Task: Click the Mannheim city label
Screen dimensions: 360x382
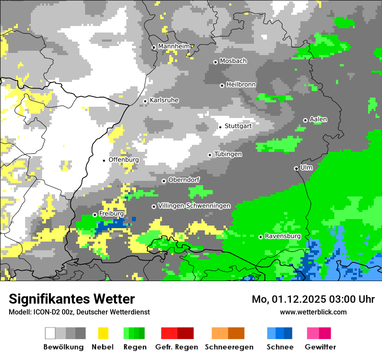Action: coord(174,46)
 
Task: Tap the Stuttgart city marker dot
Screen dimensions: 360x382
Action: coord(221,127)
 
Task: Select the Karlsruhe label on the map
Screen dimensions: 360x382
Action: coord(164,100)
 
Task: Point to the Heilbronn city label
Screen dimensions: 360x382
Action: coord(241,85)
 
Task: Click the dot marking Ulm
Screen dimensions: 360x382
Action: coord(296,168)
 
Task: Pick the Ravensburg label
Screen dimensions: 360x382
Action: coord(283,236)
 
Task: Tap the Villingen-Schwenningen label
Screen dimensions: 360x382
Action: coord(194,206)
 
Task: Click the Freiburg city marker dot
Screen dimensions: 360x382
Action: coord(95,215)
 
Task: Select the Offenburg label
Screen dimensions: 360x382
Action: coord(124,160)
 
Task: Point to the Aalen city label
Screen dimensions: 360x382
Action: coord(318,119)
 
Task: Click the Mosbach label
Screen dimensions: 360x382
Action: coord(233,61)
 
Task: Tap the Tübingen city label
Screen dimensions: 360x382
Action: coord(228,154)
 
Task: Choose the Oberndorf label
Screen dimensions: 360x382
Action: coord(184,180)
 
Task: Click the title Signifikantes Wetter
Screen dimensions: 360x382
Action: coord(72,299)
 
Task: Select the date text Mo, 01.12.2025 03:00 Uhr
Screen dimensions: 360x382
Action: coord(313,299)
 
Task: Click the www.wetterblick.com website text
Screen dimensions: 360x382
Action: coord(313,312)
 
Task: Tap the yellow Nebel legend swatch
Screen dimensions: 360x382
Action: coord(103,333)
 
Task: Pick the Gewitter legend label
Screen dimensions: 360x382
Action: coord(320,347)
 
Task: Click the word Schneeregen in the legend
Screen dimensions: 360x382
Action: coord(229,347)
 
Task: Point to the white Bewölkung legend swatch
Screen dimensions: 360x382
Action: coord(50,333)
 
